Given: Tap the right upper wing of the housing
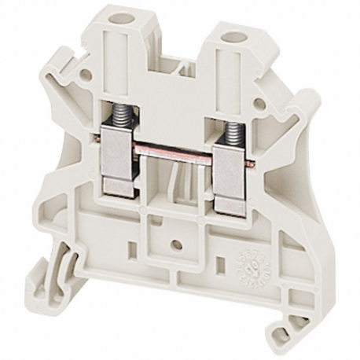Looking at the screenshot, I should click(299, 118).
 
